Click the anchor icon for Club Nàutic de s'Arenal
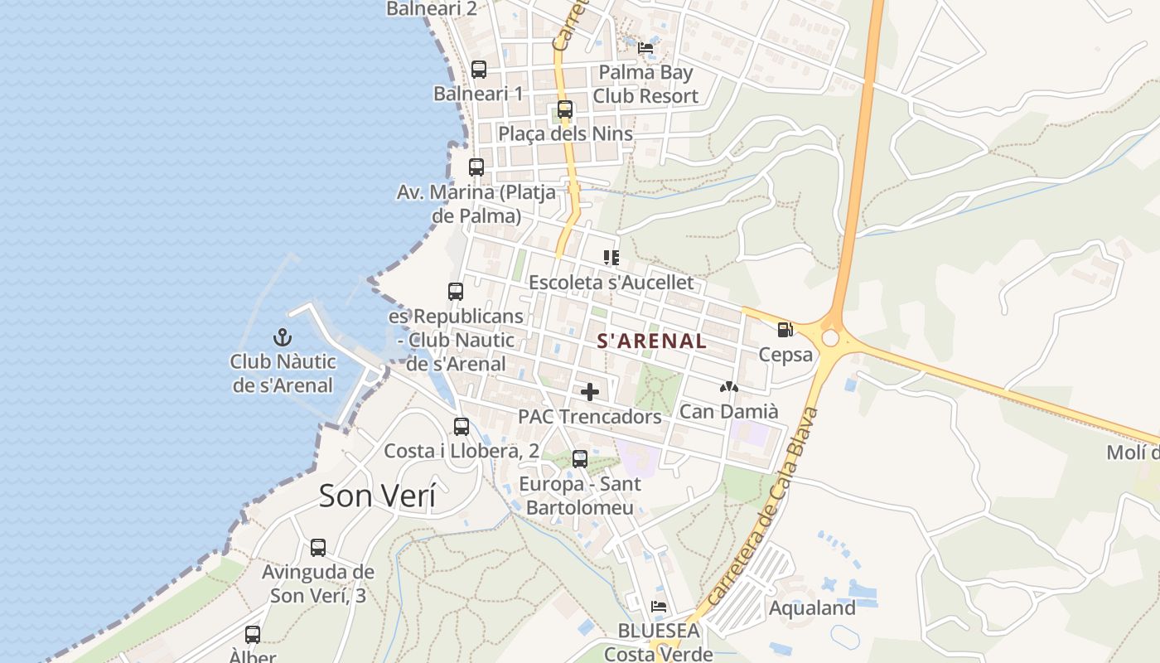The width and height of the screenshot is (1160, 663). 283,337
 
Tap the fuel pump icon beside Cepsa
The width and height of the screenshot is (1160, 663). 785,330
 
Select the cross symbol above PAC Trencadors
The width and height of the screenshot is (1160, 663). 590,392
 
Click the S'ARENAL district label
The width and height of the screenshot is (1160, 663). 652,341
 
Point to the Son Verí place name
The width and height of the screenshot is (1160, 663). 377,496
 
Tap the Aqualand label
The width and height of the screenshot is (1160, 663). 812,608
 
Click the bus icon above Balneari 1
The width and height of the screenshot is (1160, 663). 479,70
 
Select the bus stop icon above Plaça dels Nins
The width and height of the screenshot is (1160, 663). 565,109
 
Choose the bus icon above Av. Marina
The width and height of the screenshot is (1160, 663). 476,167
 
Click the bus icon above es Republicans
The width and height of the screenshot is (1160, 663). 456,292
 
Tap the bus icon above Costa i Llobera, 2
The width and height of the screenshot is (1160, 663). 462,427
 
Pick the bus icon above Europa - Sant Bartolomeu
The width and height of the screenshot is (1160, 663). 580,459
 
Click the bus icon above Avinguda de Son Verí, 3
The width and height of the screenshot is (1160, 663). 318,548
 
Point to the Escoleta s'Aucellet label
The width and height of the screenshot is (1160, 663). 611,283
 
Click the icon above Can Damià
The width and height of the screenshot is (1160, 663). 729,387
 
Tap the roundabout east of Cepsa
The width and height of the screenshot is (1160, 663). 830,338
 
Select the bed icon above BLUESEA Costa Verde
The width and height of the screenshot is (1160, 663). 659,607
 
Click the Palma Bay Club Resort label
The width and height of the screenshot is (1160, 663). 645,84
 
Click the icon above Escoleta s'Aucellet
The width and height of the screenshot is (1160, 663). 611,258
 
